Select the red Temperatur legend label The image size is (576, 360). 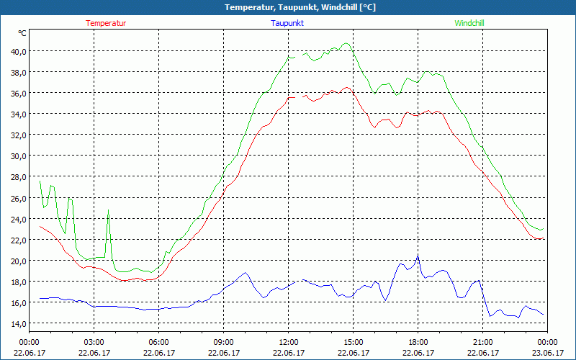pyautogui.click(x=106, y=23)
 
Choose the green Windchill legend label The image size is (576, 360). pyautogui.click(x=469, y=23)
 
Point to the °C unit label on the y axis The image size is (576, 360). pyautogui.click(x=22, y=33)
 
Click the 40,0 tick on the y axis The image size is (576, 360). pyautogui.click(x=18, y=51)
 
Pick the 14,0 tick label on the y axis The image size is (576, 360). pyautogui.click(x=18, y=323)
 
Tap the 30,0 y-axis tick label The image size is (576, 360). pyautogui.click(x=18, y=156)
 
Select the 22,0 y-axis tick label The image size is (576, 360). pyautogui.click(x=18, y=240)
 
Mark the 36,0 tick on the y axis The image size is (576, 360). pyautogui.click(x=18, y=93)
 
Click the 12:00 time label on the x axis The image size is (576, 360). pyautogui.click(x=288, y=342)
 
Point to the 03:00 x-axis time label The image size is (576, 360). pyautogui.click(x=94, y=342)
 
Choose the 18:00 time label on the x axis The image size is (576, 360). pyautogui.click(x=418, y=342)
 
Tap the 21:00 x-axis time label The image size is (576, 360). pyautogui.click(x=482, y=342)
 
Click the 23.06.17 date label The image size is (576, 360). pyautogui.click(x=547, y=353)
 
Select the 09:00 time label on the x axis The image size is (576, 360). pyautogui.click(x=223, y=342)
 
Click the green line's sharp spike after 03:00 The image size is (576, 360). pyautogui.click(x=109, y=210)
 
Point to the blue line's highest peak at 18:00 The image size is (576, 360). pyautogui.click(x=418, y=255)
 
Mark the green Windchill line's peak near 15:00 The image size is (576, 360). pyautogui.click(x=347, y=43)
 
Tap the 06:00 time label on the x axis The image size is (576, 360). pyautogui.click(x=158, y=342)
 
